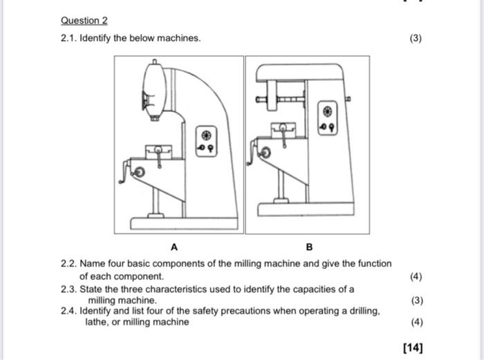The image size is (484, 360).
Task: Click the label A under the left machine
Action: (x=174, y=247)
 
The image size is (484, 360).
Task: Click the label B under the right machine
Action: (x=309, y=247)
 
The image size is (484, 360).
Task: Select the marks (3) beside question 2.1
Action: (x=415, y=38)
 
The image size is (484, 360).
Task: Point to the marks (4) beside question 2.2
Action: (x=415, y=276)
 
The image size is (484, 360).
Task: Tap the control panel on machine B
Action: (x=328, y=119)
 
